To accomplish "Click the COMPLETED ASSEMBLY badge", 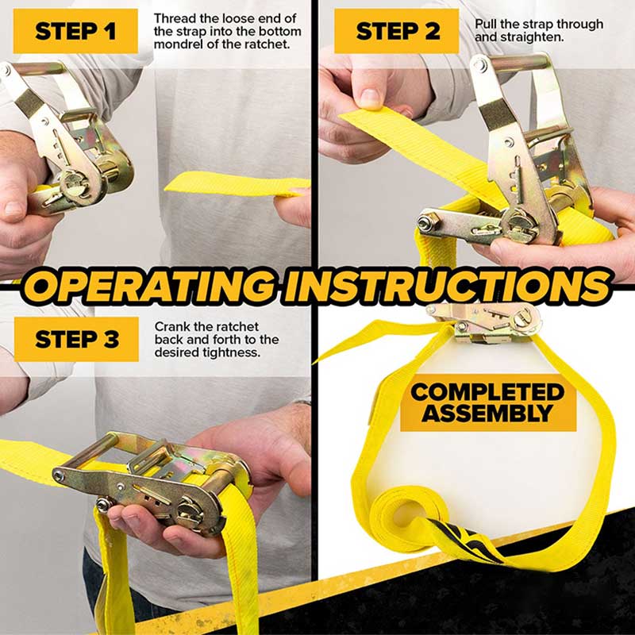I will (487, 402).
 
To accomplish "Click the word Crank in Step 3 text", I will (171, 326).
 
